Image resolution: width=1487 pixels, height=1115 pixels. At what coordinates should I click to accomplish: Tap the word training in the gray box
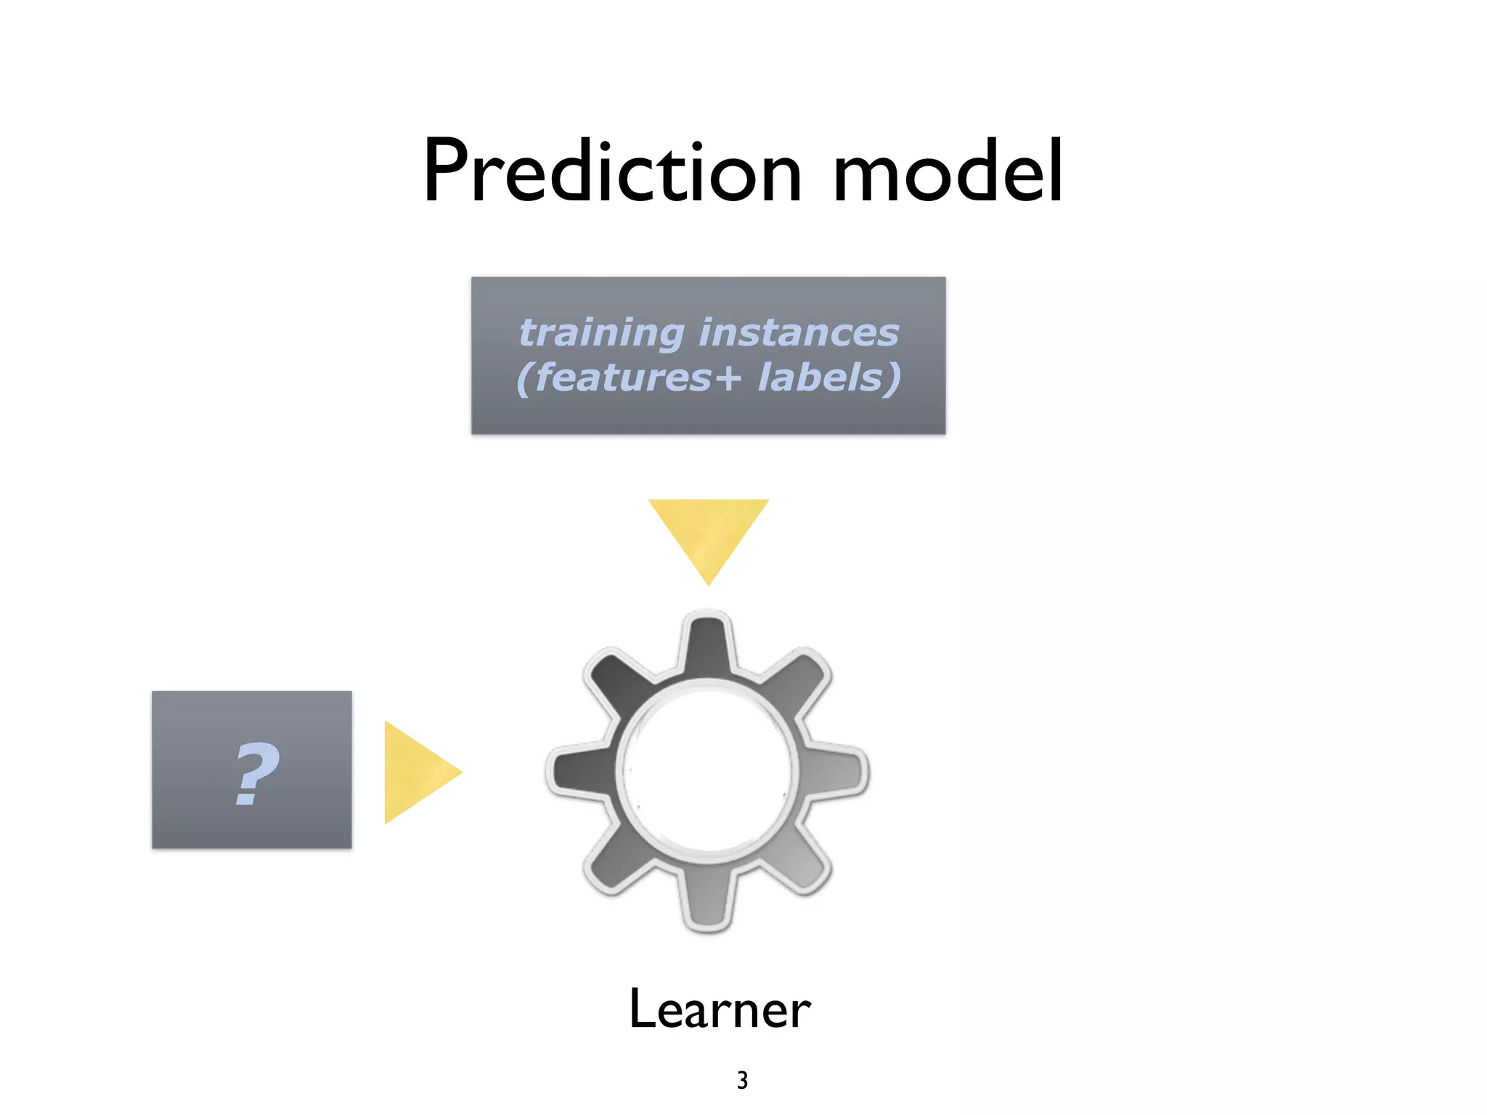tap(601, 333)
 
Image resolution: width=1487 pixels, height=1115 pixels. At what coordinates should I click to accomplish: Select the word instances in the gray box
tap(799, 333)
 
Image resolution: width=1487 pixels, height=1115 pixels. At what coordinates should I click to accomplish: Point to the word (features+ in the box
tap(629, 378)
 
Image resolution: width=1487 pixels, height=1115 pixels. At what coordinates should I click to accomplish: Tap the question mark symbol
tap(256, 774)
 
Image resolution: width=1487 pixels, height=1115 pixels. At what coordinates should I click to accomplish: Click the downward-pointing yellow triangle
tap(708, 534)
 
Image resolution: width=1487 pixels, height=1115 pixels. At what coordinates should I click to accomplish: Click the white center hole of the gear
tap(708, 771)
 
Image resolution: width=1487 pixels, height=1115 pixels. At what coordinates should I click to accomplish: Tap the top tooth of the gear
tap(708, 642)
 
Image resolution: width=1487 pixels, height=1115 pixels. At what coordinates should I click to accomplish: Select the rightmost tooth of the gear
tap(839, 771)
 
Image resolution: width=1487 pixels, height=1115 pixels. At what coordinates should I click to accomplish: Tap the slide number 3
tap(742, 1080)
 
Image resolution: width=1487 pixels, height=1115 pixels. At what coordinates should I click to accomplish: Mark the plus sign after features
tap(727, 380)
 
